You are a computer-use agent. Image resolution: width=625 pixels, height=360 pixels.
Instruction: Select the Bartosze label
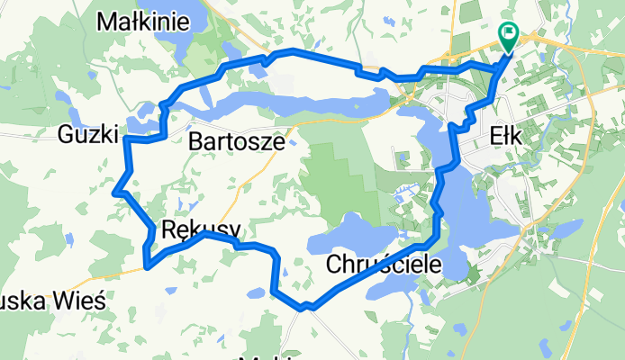(238, 141)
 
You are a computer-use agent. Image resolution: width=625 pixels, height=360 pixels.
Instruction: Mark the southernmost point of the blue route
(306, 309)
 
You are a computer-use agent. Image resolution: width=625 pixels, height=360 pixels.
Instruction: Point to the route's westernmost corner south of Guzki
(114, 192)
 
